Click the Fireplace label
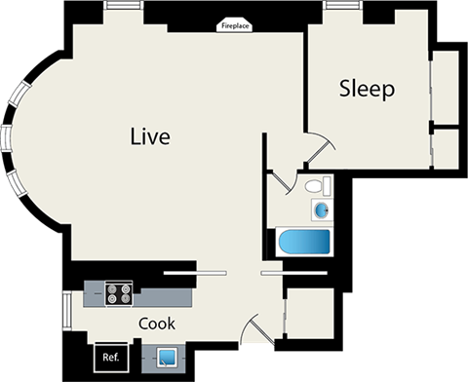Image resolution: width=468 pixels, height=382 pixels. (235, 26)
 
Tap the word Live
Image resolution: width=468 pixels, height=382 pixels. (150, 136)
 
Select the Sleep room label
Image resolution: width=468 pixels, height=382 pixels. (367, 89)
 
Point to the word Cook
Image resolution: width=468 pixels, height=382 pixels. (157, 324)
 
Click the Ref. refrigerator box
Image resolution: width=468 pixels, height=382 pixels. (111, 357)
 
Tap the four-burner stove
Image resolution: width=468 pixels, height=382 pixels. (119, 293)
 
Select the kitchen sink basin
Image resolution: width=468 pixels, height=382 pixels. (167, 358)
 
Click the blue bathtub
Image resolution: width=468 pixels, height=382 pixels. (304, 242)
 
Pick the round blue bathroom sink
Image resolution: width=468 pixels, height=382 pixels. (322, 210)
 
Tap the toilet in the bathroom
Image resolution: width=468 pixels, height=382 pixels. (318, 186)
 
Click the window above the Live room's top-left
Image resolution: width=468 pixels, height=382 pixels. (123, 5)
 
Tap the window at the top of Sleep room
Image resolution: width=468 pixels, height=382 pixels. (343, 5)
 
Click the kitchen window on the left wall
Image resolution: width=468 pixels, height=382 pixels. (66, 311)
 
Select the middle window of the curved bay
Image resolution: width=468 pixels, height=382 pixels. (6, 138)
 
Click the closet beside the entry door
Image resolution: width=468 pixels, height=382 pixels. (310, 314)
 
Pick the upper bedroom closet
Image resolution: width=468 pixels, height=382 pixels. (446, 88)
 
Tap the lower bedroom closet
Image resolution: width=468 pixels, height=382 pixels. (446, 149)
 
